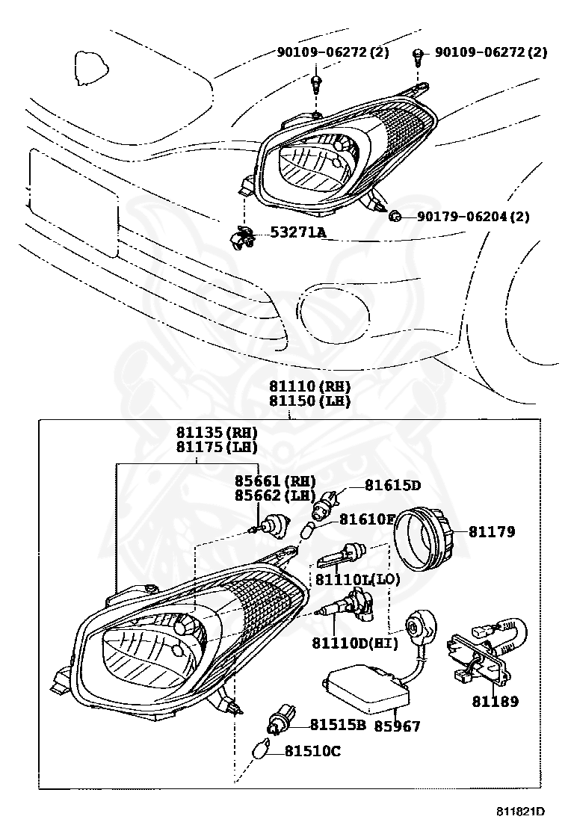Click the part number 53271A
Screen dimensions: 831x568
(x=298, y=233)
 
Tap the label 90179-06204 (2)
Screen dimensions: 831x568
(x=472, y=217)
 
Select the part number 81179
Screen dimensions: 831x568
(x=492, y=532)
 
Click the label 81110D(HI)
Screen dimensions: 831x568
(x=354, y=643)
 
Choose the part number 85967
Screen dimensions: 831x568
(x=397, y=726)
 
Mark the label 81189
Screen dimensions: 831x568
(x=494, y=701)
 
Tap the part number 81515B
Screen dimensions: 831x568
(x=338, y=723)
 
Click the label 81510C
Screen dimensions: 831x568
(x=312, y=750)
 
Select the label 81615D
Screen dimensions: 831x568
(x=392, y=485)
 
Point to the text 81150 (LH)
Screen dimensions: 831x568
(x=309, y=401)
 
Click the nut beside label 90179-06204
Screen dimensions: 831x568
(x=396, y=217)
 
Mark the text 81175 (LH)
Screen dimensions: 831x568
(x=217, y=448)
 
